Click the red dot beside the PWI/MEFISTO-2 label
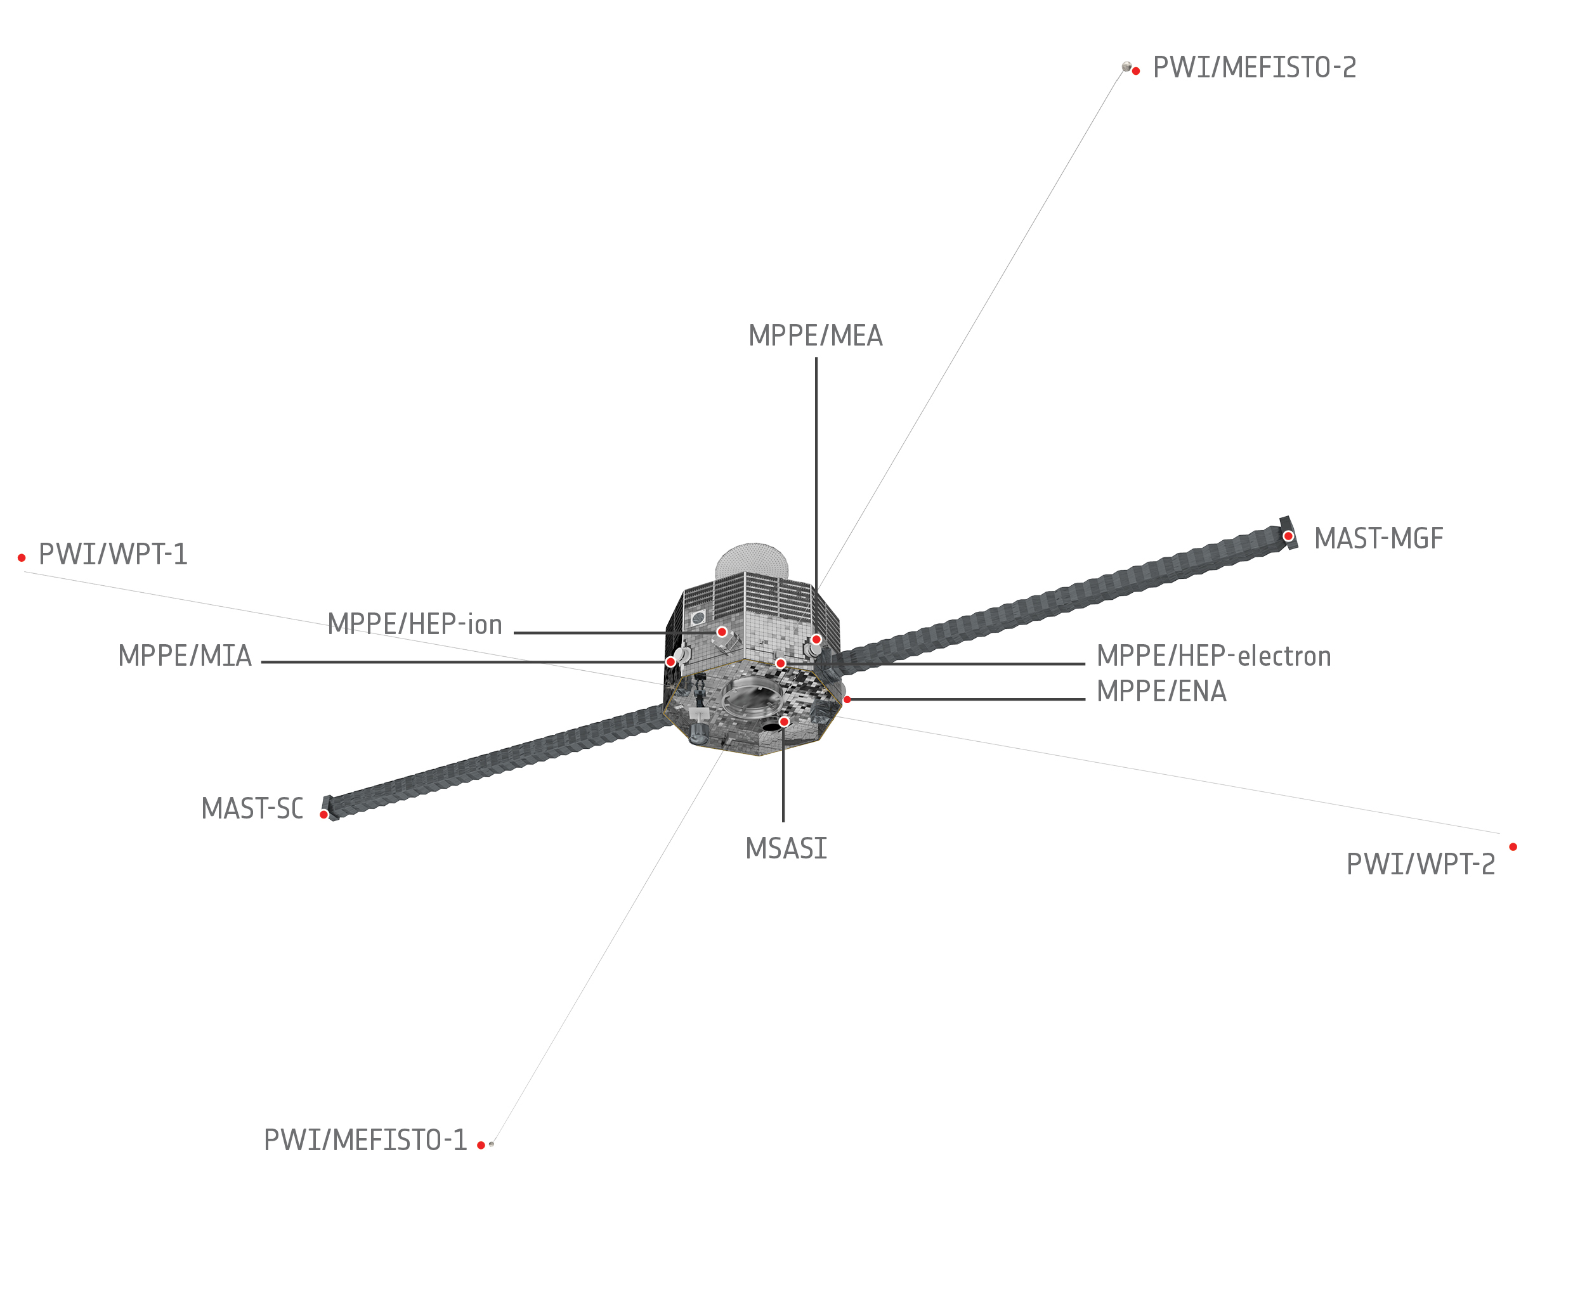(x=1135, y=71)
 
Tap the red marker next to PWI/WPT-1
(x=22, y=557)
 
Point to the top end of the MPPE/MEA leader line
(x=816, y=358)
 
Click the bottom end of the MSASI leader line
(x=783, y=821)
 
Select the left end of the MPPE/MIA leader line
(x=262, y=661)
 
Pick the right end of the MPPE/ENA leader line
(x=1085, y=699)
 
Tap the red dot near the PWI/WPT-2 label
(x=1513, y=846)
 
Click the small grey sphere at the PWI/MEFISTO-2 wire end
(x=1126, y=67)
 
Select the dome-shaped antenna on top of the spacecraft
(x=752, y=560)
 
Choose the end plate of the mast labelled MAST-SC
(x=329, y=808)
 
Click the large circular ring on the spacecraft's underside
(x=752, y=698)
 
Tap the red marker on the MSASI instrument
(x=783, y=722)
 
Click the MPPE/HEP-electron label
(x=1213, y=656)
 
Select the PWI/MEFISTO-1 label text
(x=365, y=1140)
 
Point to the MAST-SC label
(x=252, y=808)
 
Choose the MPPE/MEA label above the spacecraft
(x=816, y=335)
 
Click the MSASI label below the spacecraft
(x=786, y=848)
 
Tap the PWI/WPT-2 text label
(x=1421, y=864)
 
